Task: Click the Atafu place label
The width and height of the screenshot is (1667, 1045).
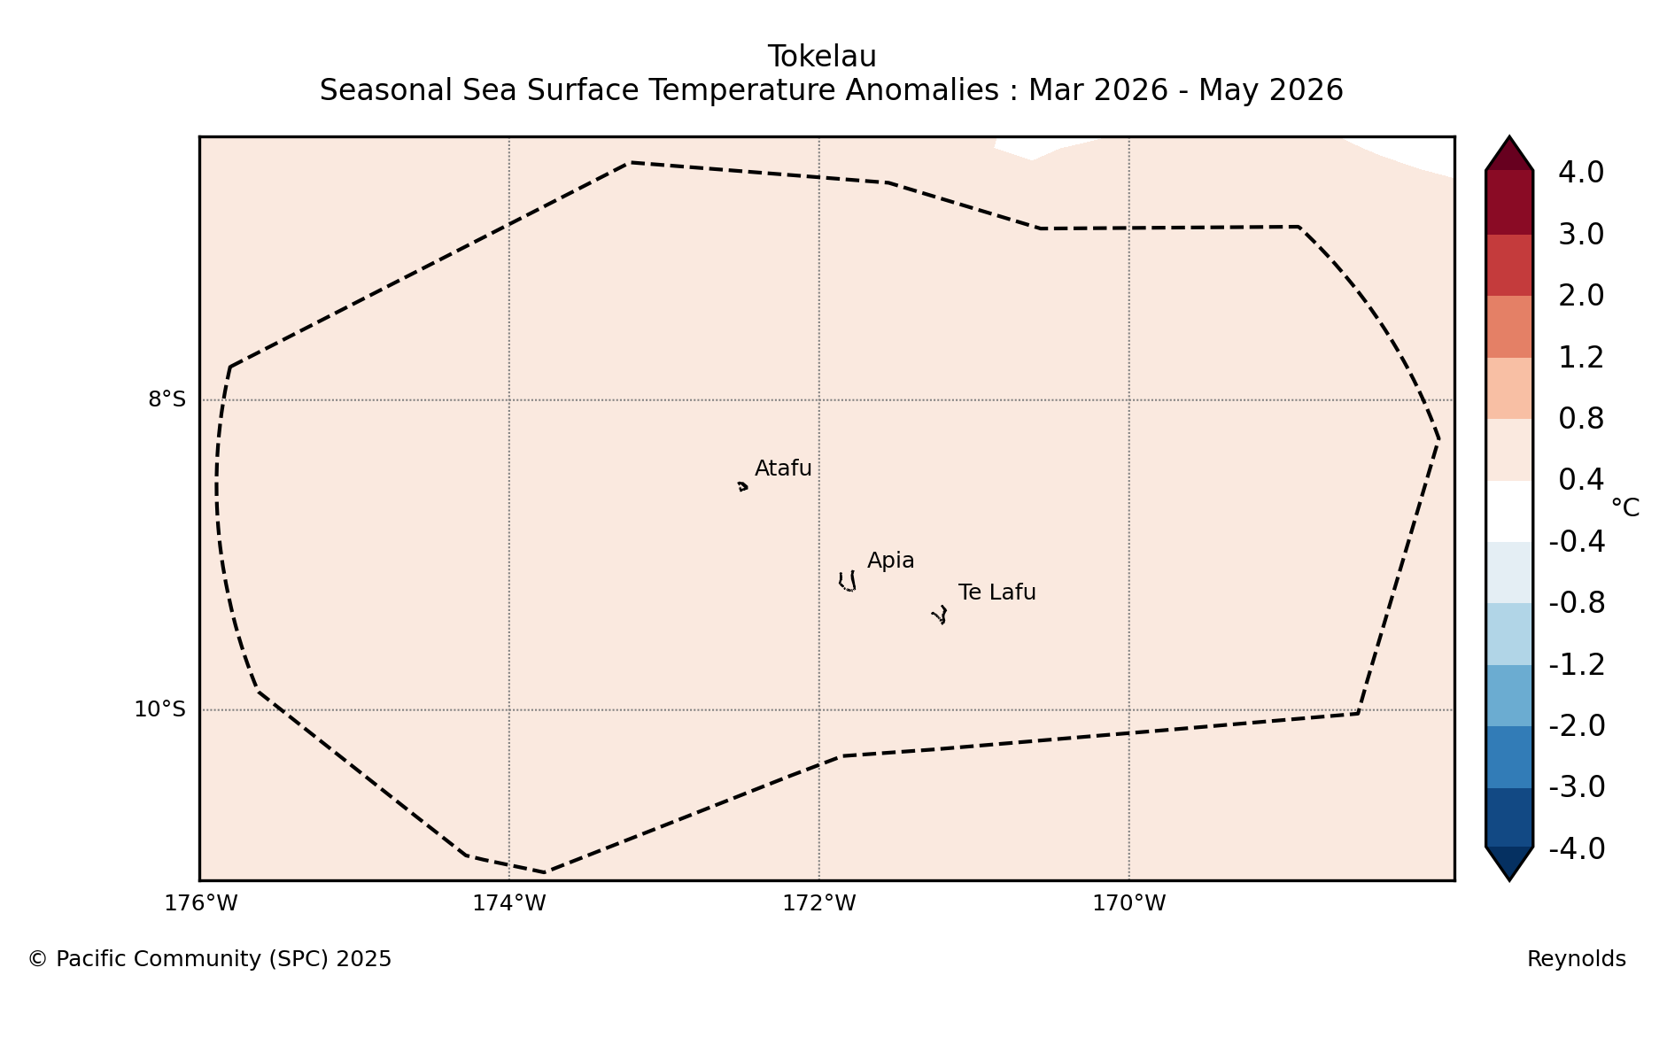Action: [783, 468]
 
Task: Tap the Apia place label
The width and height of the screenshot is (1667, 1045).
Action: [890, 561]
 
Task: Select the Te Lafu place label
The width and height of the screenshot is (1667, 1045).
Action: [996, 592]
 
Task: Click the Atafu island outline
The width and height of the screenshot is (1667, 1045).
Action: [742, 486]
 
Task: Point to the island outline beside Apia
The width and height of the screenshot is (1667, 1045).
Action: [848, 582]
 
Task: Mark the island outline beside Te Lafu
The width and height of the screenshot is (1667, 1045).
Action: [940, 615]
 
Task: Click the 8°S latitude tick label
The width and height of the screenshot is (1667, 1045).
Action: [167, 399]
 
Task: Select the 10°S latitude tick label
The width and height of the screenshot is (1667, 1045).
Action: [159, 709]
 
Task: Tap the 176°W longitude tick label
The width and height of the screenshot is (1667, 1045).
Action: [200, 903]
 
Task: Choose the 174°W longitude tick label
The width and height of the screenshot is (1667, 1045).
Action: [508, 903]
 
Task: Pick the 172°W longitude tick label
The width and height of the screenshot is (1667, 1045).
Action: [818, 903]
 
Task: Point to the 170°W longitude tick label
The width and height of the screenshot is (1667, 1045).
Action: [1128, 903]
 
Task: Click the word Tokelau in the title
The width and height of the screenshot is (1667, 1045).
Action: [822, 57]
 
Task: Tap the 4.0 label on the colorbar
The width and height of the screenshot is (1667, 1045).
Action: [1581, 173]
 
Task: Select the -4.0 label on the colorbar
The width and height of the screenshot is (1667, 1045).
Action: [1577, 848]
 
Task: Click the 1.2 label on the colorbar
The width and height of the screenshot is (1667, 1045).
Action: [1581, 358]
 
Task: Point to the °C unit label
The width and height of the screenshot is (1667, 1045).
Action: [1625, 508]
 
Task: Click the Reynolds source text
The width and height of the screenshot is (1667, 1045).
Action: [1577, 959]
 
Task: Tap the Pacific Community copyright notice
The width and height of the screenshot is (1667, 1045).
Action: [209, 959]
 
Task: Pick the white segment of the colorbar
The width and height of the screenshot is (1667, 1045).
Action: [1509, 511]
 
